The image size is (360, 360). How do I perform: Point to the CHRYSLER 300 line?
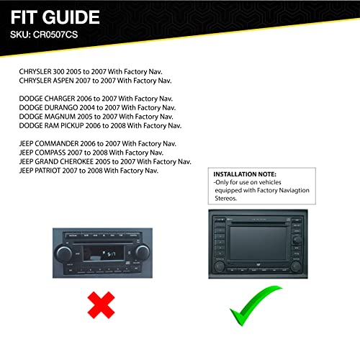pos(91,73)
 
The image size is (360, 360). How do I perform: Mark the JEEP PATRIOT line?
pos(89,171)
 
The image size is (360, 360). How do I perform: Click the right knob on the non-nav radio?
pos(142,253)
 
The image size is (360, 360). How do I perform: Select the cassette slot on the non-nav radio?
pos(102,252)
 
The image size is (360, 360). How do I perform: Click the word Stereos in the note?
pos(226,197)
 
